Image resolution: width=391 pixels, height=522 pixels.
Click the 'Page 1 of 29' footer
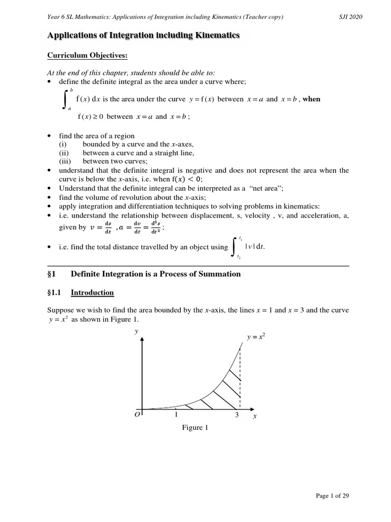pyautogui.click(x=331, y=495)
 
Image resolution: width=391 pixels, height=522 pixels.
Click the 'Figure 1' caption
pyautogui.click(x=195, y=428)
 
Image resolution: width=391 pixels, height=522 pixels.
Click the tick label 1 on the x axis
pyautogui.click(x=176, y=415)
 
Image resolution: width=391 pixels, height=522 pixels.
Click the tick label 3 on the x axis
pyautogui.click(x=237, y=415)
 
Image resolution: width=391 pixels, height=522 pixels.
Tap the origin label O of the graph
pyautogui.click(x=137, y=416)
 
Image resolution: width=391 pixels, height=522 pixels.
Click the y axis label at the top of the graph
pyautogui.click(x=136, y=331)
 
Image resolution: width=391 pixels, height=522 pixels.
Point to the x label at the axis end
pyautogui.click(x=255, y=416)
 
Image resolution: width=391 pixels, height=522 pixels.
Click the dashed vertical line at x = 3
pyautogui.click(x=240, y=377)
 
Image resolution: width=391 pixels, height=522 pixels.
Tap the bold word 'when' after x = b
pyautogui.click(x=311, y=99)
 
